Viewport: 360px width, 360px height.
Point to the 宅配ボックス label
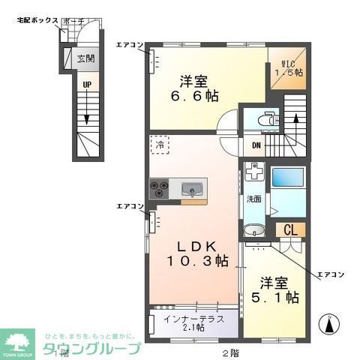[x=37, y=20]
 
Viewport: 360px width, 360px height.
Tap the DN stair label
[x=256, y=145]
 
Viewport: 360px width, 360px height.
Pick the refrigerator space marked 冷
[x=160, y=145]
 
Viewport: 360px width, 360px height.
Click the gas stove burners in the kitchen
[x=160, y=188]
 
